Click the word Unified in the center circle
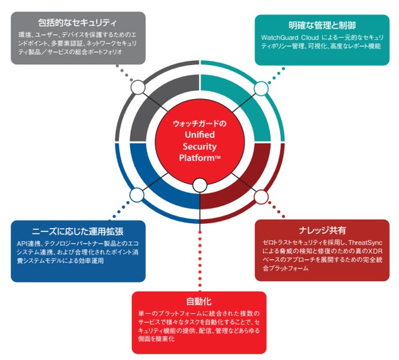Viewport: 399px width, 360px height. (199, 136)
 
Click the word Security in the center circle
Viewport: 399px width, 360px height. (199, 147)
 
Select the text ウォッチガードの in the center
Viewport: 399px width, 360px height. (199, 124)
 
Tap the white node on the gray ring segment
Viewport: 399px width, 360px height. (138, 89)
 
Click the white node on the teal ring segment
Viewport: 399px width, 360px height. (261, 89)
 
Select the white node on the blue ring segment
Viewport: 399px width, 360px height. (137, 195)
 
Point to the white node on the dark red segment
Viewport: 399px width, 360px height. (261, 195)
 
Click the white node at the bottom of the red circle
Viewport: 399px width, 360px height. (199, 186)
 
